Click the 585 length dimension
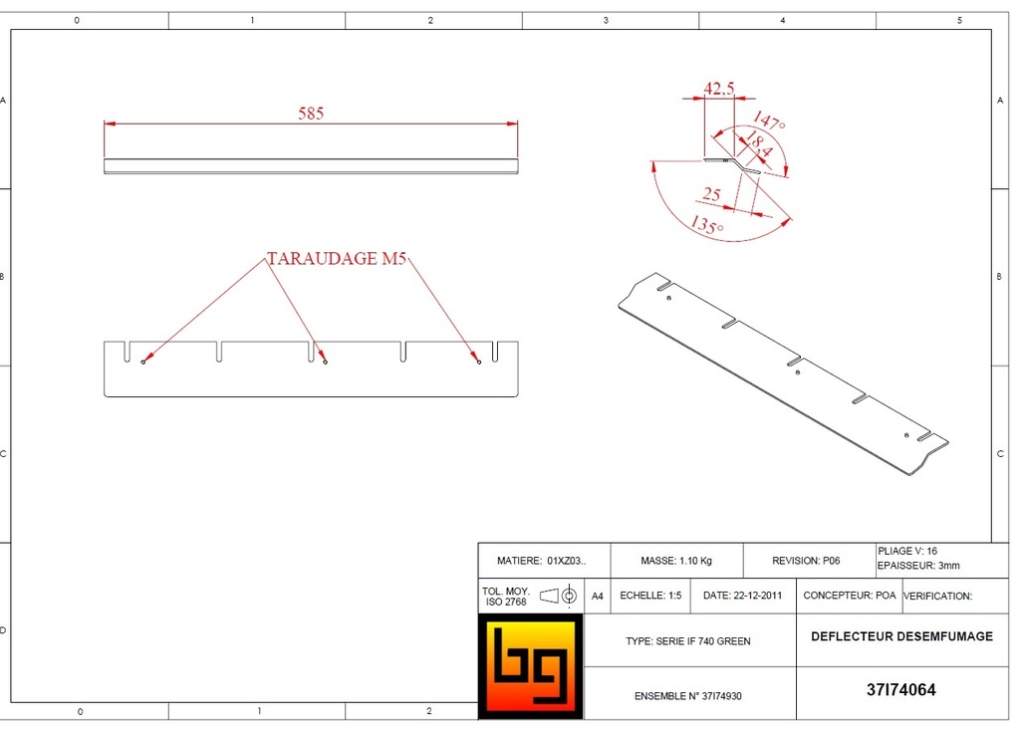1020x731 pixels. coord(311,114)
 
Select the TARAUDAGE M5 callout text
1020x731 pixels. coord(337,259)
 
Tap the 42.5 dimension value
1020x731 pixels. coord(719,89)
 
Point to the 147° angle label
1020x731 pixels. coord(769,121)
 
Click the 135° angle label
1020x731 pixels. coord(706,225)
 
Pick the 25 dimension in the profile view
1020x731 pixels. coord(711,194)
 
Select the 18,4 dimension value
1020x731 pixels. coord(757,144)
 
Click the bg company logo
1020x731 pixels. coord(531,666)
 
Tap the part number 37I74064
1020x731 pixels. coord(900,690)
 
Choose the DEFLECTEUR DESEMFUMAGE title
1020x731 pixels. coord(901,636)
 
